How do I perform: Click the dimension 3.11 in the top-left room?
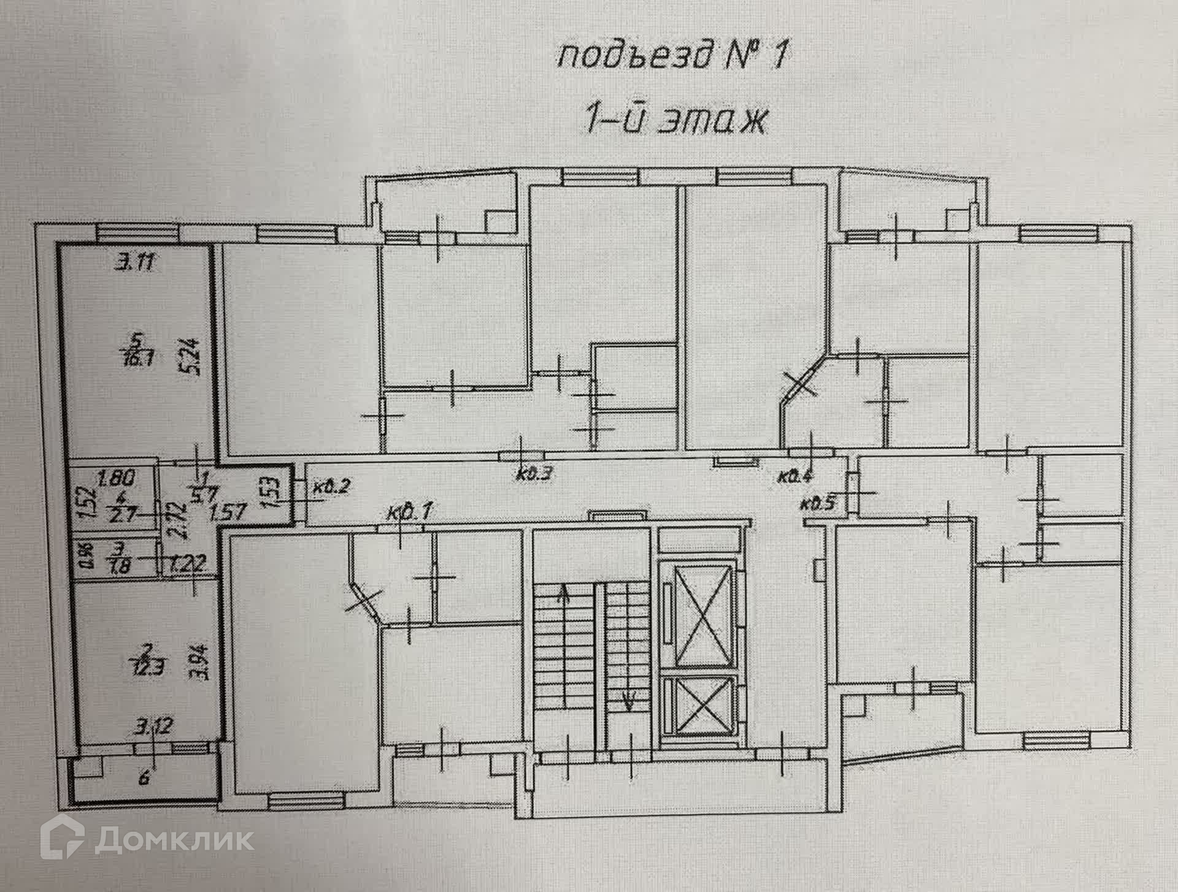point(137,264)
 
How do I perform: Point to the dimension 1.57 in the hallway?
point(228,513)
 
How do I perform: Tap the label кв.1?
point(410,511)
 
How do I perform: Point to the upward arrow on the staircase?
point(564,592)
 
